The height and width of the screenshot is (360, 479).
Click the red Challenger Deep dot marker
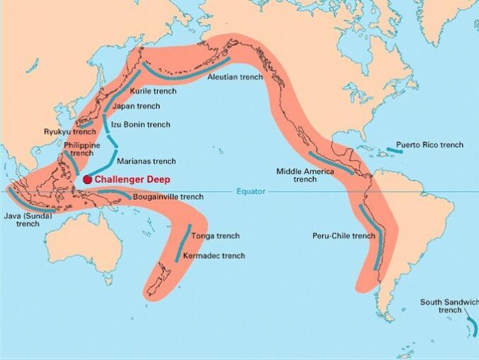click(87, 180)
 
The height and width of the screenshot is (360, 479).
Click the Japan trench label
click(137, 107)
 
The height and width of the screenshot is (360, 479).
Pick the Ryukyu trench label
click(69, 132)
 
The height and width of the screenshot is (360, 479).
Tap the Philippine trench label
click(82, 148)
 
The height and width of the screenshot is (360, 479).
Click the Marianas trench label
click(145, 161)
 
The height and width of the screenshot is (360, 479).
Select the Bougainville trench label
click(167, 197)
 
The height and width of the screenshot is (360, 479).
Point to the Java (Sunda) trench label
click(28, 219)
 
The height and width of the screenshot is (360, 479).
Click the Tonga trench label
click(215, 236)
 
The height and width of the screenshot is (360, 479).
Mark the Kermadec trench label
click(214, 256)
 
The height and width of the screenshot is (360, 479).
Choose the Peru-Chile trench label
click(343, 236)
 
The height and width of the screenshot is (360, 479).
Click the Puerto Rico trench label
click(429, 145)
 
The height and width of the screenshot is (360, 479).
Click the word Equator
click(250, 191)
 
